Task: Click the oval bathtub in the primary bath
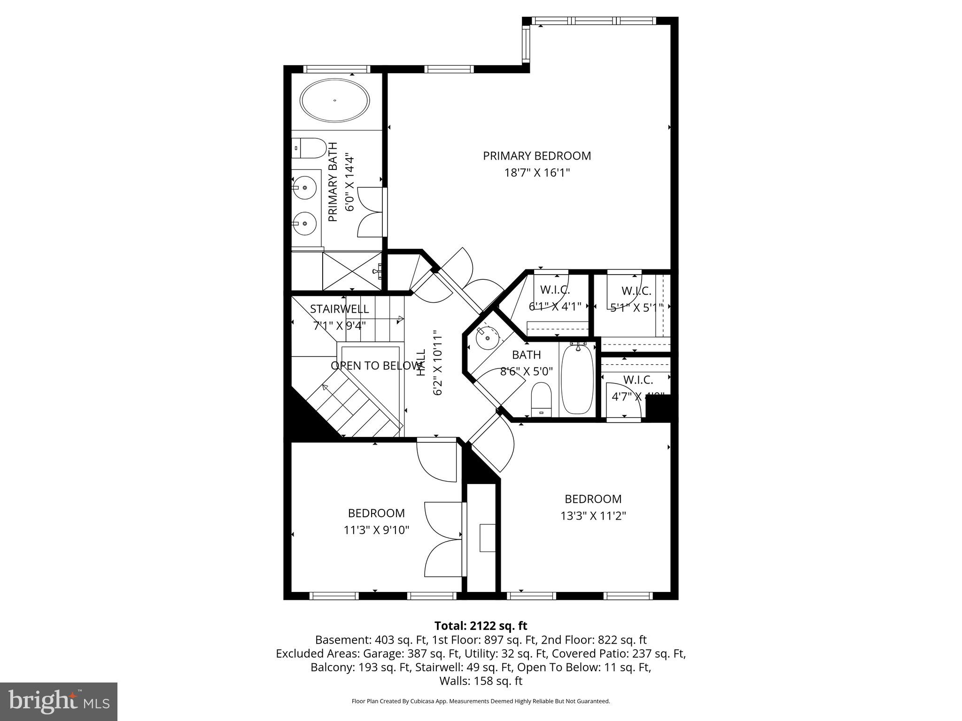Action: pos(335,100)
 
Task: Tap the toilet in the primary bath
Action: pos(310,148)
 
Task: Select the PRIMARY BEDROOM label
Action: pos(537,156)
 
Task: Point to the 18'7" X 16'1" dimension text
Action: pos(537,173)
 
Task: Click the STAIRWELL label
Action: pos(339,309)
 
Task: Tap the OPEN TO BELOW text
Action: pos(376,366)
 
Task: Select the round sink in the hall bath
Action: pos(487,337)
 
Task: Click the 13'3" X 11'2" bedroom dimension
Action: pos(593,516)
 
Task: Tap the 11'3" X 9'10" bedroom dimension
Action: pos(376,530)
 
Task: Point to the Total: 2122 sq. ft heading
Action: pos(481,626)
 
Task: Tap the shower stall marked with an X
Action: pos(352,271)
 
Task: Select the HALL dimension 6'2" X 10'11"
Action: pos(437,362)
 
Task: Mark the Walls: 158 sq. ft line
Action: pos(481,681)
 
